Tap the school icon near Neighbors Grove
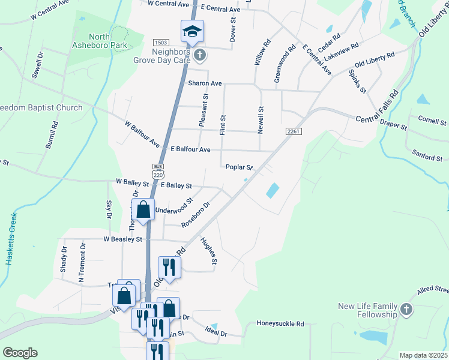[x=193, y=31]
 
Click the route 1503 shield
[x=161, y=43]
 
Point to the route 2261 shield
[x=293, y=131]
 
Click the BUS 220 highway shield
[x=158, y=171]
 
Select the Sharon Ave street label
[x=205, y=83]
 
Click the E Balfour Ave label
[x=190, y=149]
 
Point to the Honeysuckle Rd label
[x=280, y=324]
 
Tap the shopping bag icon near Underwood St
[x=143, y=210]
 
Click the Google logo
[x=20, y=353]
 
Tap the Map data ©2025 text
[x=423, y=355]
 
